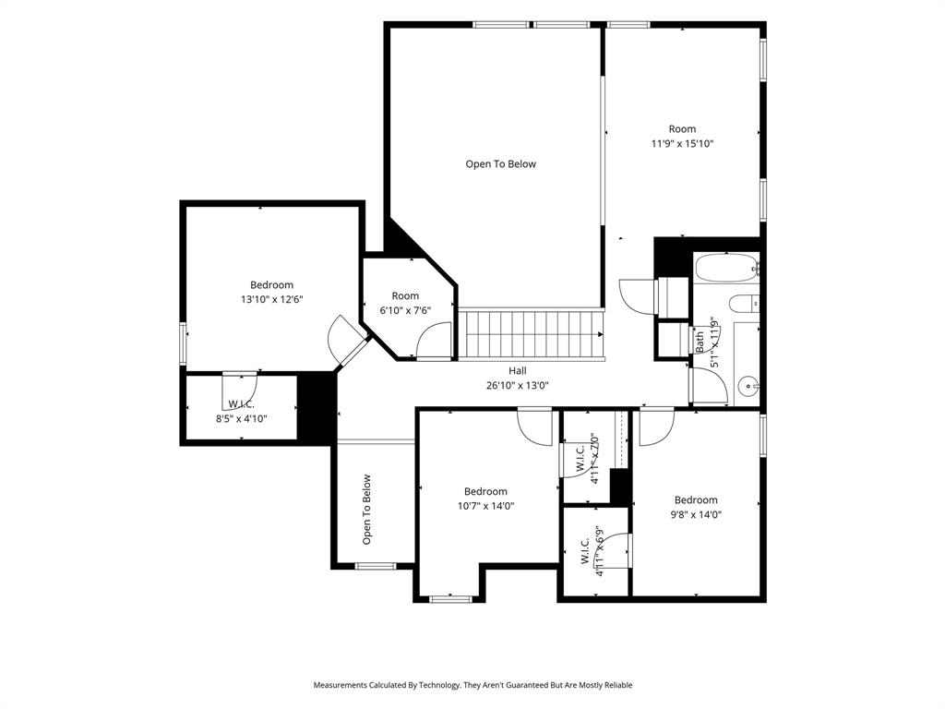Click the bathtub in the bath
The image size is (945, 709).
click(x=725, y=268)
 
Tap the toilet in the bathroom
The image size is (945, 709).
click(x=744, y=302)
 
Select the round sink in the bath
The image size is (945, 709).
click(x=748, y=384)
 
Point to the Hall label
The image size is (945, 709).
click(x=517, y=371)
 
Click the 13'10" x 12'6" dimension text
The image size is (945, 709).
click(x=271, y=300)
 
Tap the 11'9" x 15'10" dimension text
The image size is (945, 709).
click(x=682, y=143)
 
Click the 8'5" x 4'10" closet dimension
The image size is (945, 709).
click(x=241, y=418)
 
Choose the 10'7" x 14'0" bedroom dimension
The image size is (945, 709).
click(x=485, y=507)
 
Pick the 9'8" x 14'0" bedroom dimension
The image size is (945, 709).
click(x=696, y=515)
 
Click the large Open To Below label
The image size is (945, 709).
click(x=500, y=164)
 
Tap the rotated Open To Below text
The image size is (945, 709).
click(x=366, y=510)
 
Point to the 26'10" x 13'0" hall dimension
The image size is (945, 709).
click(x=517, y=386)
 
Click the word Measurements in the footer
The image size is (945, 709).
click(x=340, y=686)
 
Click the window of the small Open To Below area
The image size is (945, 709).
click(x=376, y=566)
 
